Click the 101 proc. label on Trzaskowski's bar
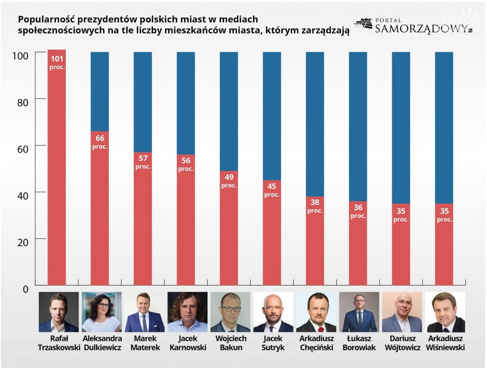click(x=57, y=62)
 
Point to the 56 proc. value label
click(x=186, y=164)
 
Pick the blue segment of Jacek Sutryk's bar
click(x=272, y=116)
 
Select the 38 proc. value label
click(x=315, y=206)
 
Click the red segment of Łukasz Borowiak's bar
click(x=358, y=252)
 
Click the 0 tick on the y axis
click(x=25, y=289)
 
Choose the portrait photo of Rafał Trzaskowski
click(x=59, y=312)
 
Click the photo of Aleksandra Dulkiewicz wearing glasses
click(x=102, y=312)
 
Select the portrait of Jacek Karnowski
click(x=188, y=312)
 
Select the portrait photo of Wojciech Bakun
click(x=230, y=312)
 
